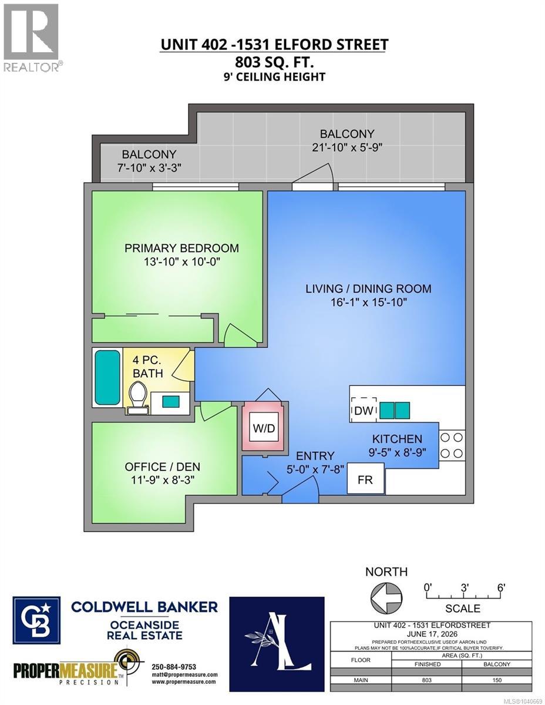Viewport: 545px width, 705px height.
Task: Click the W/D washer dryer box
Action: (264, 427)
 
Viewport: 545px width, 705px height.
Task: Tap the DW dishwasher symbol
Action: (364, 410)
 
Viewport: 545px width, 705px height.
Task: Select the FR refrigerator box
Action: (365, 479)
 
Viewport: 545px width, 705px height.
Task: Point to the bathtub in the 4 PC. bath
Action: (107, 377)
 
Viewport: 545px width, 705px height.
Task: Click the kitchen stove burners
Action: (451, 445)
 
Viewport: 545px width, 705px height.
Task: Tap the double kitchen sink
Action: (394, 409)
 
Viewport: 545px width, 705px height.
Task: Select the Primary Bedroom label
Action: (181, 248)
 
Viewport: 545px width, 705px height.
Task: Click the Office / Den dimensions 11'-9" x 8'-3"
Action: (163, 480)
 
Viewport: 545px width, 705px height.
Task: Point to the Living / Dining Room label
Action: (368, 288)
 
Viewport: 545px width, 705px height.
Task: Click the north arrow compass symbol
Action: (386, 597)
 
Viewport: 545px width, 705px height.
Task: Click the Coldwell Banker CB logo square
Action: (36, 620)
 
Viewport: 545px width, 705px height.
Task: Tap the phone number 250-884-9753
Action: (174, 667)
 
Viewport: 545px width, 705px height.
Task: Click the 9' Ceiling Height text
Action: (274, 77)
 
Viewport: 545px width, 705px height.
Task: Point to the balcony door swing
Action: (314, 175)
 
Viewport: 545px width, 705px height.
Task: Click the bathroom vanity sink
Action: (170, 401)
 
